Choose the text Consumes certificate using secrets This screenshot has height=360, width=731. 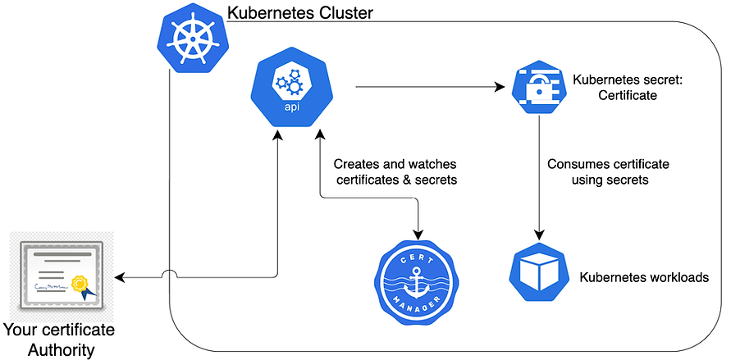point(598,171)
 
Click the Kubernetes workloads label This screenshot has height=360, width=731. point(643,277)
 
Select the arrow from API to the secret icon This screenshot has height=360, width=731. point(427,85)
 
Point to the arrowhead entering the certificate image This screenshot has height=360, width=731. point(121,278)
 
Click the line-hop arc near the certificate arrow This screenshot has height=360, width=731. point(168,273)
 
